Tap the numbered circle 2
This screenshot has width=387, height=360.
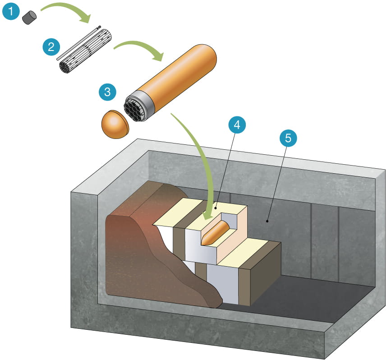coord(50,46)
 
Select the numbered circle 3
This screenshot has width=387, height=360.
coord(107,92)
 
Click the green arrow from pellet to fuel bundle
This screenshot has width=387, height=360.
coord(68,9)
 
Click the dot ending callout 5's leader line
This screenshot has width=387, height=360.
coord(267,221)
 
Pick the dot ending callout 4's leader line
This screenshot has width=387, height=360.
coord(215,208)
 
